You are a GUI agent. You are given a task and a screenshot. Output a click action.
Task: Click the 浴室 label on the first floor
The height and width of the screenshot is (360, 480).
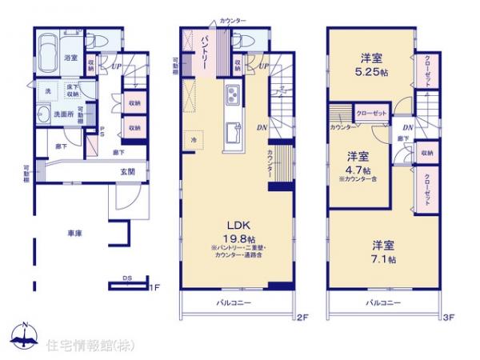[x=70, y=58]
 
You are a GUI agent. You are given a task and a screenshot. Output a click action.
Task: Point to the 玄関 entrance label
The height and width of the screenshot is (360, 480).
[x=128, y=170]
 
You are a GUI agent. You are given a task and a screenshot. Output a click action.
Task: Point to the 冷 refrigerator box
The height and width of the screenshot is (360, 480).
[x=194, y=141]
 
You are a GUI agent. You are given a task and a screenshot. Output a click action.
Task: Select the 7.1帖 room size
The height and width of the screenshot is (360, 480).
[x=382, y=259]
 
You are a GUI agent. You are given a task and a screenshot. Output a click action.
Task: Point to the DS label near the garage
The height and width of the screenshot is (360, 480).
[x=127, y=278]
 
